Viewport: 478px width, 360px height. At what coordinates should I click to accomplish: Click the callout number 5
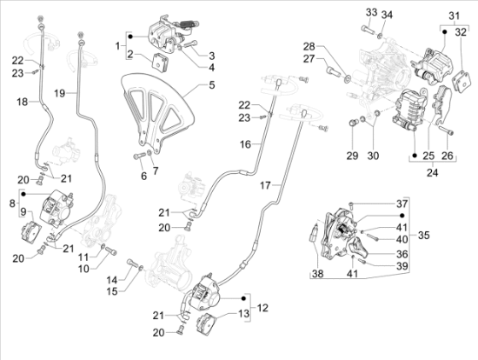(211, 85)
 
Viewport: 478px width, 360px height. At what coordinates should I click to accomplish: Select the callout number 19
(60, 93)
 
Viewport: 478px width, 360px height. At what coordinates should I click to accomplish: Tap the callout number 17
(265, 185)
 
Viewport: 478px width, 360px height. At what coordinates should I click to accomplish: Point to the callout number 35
(424, 236)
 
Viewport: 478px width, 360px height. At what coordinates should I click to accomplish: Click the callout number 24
(432, 173)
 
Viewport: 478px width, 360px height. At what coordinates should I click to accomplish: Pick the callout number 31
(454, 16)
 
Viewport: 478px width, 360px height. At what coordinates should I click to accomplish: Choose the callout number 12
(262, 308)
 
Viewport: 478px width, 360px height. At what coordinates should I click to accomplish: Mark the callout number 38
(317, 273)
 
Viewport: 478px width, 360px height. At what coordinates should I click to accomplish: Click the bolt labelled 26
(447, 130)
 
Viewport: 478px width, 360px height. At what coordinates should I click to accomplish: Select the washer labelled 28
(347, 80)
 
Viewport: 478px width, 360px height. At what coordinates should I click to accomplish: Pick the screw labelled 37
(350, 205)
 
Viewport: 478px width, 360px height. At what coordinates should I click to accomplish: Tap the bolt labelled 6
(139, 157)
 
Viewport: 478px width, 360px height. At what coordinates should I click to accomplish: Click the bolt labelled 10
(111, 251)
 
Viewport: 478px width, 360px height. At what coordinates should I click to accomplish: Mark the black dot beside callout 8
(23, 194)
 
